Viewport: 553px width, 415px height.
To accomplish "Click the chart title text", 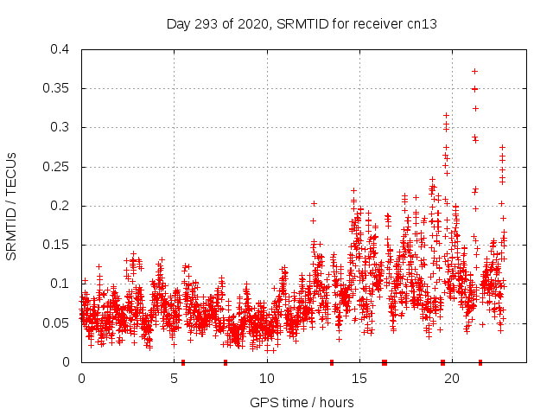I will [x=302, y=24].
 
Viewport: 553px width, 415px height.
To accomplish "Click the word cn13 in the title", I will [x=422, y=24].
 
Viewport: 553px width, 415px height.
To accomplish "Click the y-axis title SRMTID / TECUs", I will [x=12, y=206].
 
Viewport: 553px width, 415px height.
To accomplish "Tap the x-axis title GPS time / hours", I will [x=302, y=402].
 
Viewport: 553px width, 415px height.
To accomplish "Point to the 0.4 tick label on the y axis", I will [x=59, y=49].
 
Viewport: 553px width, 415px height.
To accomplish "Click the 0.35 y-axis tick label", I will [x=55, y=88].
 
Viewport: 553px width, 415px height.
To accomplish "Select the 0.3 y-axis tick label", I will [x=59, y=127].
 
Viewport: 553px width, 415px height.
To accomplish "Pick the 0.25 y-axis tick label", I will [x=55, y=167].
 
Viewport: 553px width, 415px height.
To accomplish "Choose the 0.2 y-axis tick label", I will [x=59, y=206].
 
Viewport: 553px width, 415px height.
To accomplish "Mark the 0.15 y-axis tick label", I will [x=55, y=245].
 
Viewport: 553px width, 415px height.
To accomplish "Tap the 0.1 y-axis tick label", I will [x=59, y=284].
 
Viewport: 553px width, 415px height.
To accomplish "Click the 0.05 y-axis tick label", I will [x=55, y=322].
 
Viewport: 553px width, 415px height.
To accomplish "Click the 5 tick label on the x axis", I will [x=175, y=378].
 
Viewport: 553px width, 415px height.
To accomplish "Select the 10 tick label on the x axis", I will [x=267, y=378].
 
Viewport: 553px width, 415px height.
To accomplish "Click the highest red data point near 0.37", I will [x=474, y=71].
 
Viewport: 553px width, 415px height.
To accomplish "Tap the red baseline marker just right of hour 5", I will [x=183, y=362].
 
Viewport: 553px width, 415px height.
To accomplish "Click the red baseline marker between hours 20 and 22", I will [x=480, y=362].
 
